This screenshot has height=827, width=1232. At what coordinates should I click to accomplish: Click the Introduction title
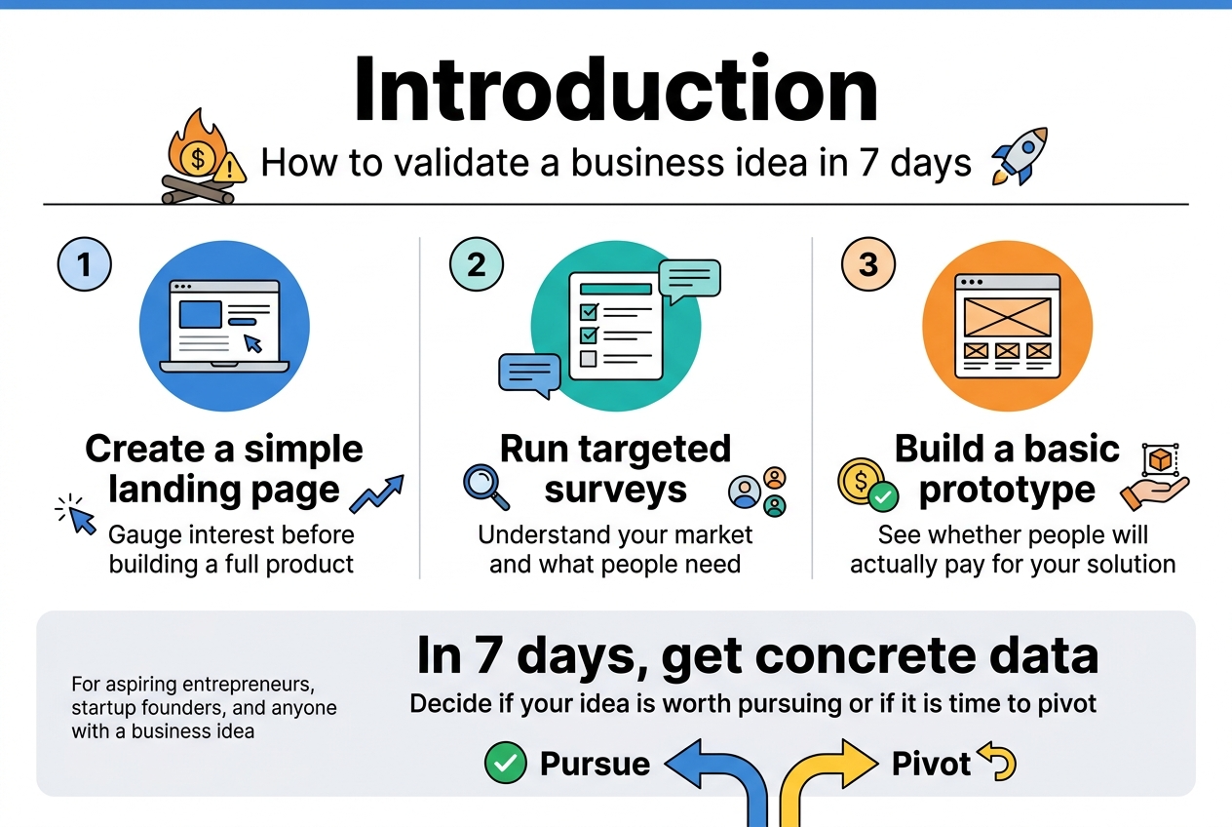[x=615, y=90]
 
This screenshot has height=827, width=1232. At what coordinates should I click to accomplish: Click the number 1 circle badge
[x=85, y=264]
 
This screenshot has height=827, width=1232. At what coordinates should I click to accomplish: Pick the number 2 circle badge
[x=477, y=264]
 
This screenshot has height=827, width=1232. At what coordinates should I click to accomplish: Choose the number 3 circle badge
[x=868, y=264]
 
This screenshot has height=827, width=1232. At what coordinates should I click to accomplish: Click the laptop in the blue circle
[x=224, y=326]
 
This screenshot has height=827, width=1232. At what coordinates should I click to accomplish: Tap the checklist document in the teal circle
[x=615, y=326]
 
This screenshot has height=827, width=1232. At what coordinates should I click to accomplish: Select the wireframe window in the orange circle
[x=1007, y=326]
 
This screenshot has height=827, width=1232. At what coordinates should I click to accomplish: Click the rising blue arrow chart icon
[x=376, y=493]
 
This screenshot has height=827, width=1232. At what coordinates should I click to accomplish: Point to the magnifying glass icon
[x=485, y=487]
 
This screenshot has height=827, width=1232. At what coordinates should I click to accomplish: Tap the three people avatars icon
[x=758, y=491]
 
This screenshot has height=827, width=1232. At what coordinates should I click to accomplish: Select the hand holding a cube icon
[x=1155, y=478]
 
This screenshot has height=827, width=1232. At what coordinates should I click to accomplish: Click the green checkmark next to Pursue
[x=505, y=763]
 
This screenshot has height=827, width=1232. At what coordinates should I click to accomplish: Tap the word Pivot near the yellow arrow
[x=931, y=764]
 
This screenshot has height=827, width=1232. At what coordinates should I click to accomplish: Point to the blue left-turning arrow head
[x=688, y=763]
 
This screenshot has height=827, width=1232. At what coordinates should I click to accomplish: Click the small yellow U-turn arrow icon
[x=997, y=763]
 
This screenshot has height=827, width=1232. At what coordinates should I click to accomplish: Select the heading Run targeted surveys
[x=615, y=469]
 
